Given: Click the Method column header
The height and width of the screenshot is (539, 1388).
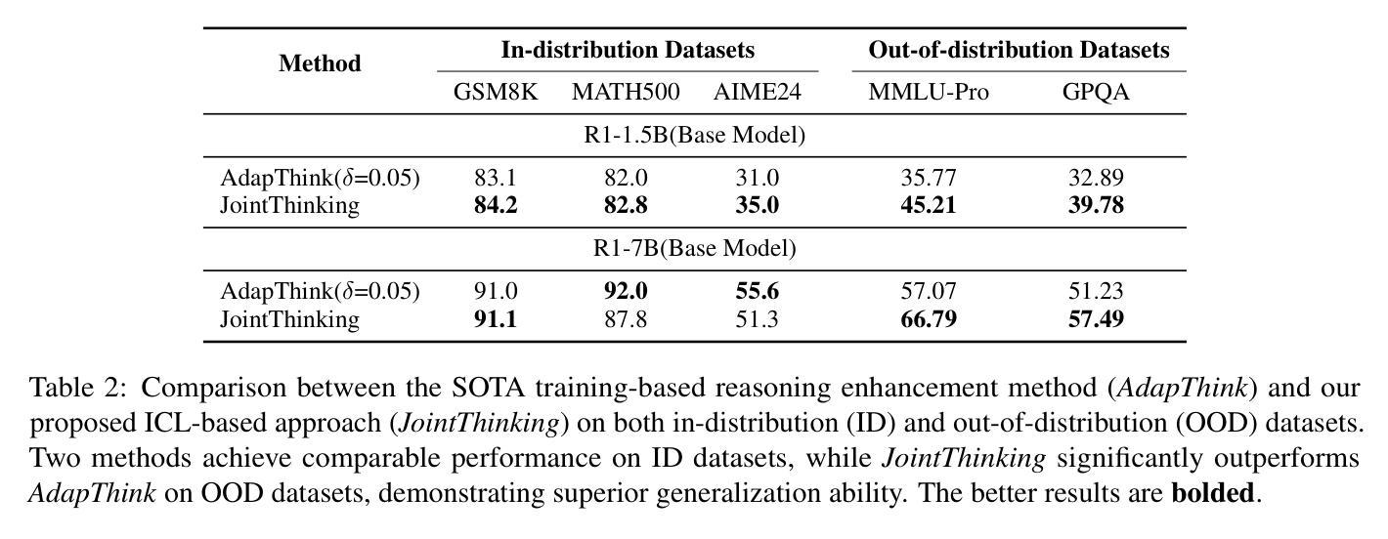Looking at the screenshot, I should click(320, 64).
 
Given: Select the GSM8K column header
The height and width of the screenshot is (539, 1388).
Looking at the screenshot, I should click(496, 93).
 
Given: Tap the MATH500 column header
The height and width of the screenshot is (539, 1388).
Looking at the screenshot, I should click(626, 93).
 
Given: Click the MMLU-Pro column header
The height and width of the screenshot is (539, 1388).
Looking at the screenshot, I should click(929, 93).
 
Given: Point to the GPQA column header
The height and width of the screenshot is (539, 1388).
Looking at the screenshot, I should click(1096, 93).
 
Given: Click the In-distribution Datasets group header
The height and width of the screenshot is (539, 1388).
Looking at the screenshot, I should click(628, 50).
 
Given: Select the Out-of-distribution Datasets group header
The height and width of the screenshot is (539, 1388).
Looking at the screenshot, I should click(1019, 50).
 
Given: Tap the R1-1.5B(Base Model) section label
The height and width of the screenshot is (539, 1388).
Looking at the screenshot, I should click(694, 136).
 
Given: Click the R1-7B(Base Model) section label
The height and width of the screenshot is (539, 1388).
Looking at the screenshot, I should click(694, 249).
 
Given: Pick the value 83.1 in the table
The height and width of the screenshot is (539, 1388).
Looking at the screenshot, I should click(496, 179).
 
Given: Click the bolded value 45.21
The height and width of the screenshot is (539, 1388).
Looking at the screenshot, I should click(929, 206).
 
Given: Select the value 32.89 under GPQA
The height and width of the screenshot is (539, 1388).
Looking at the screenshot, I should click(1096, 179).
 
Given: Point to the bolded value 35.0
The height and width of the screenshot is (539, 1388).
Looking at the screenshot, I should click(758, 206).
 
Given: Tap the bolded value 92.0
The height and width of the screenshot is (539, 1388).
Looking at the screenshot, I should click(626, 292).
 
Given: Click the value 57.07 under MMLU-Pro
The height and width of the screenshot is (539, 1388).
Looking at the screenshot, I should click(929, 292).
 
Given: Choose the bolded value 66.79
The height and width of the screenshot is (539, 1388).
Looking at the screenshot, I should click(929, 319).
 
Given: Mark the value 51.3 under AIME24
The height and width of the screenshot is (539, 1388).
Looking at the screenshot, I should click(758, 319).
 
